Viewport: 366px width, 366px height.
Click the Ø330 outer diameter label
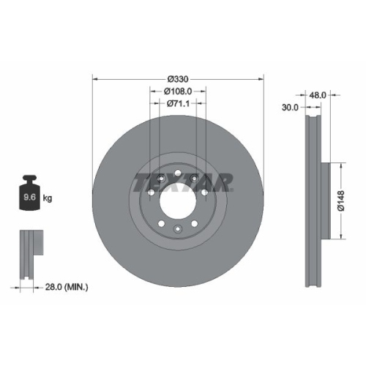tap(178, 78)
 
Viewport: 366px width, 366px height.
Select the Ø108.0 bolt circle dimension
tap(178, 91)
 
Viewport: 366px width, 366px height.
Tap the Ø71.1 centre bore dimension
tap(178, 103)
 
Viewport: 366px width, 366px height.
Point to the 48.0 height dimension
tap(318, 95)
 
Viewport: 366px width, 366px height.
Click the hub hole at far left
tap(150, 192)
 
